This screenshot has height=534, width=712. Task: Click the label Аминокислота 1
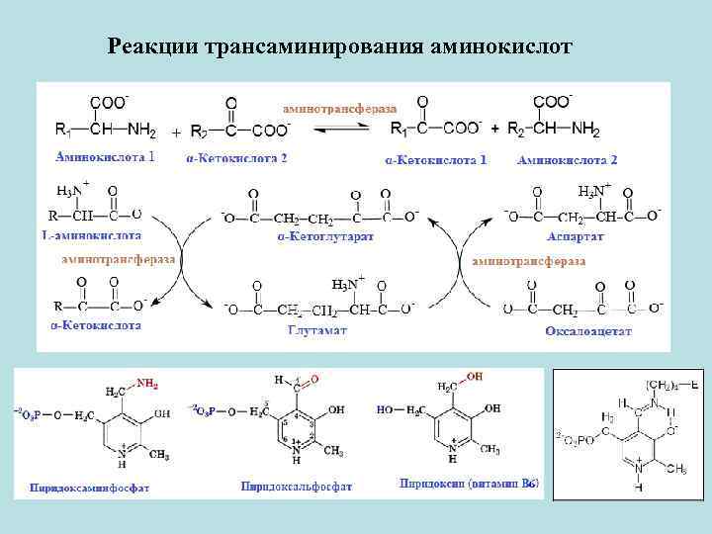click(x=105, y=157)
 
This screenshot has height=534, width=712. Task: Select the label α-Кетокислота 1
click(x=435, y=159)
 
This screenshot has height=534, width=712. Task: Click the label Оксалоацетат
click(x=587, y=331)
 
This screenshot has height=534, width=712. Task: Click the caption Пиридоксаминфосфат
click(x=89, y=488)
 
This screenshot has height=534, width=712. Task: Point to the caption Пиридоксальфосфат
click(x=297, y=487)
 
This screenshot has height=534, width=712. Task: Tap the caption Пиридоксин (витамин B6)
click(x=469, y=484)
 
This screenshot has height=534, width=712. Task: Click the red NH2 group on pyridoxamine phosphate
click(x=147, y=384)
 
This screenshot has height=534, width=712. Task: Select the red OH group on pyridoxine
click(x=475, y=377)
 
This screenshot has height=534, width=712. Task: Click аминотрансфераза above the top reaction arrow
click(x=340, y=106)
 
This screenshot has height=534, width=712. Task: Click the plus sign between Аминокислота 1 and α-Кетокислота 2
click(x=176, y=132)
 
